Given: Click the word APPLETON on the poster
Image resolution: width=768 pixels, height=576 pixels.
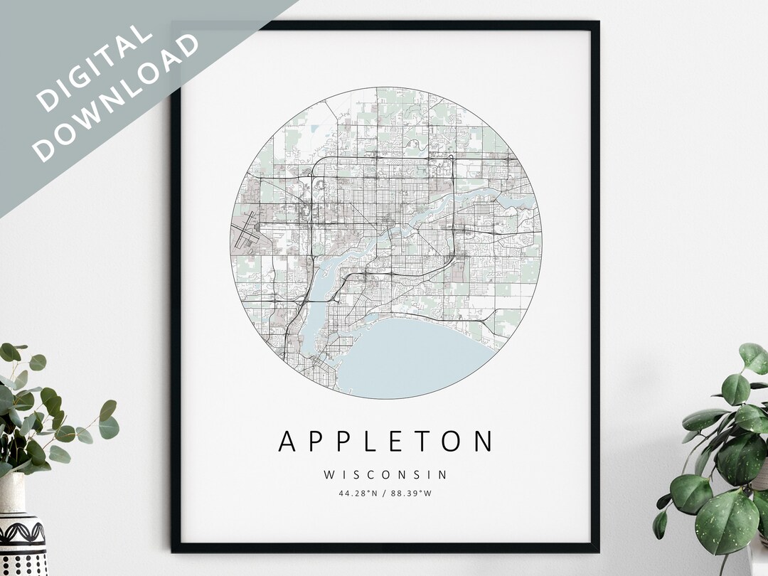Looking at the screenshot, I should click(x=385, y=442).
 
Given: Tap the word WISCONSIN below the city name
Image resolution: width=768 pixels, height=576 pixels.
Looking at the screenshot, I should click(x=385, y=474).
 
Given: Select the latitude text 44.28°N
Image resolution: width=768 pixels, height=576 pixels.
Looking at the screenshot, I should click(x=359, y=491).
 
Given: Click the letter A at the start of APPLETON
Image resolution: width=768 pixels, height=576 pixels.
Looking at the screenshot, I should click(x=287, y=442).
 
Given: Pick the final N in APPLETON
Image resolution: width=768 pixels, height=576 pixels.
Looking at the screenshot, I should click(x=483, y=442).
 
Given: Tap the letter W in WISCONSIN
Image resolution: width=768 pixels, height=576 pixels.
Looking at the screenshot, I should click(x=328, y=474).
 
